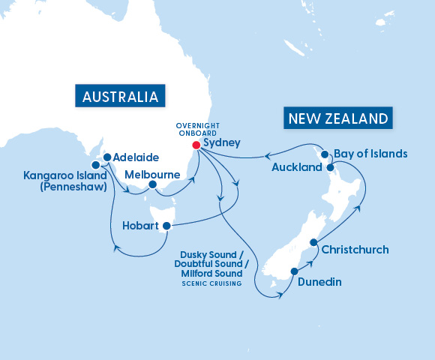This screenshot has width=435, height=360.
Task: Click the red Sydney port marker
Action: pos(196,145)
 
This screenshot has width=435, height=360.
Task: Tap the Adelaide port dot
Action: pos(107,157)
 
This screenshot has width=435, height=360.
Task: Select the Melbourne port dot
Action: pos(152,184)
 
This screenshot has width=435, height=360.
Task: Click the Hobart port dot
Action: pos(166,225)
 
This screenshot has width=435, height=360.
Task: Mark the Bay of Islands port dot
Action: pos(325,154)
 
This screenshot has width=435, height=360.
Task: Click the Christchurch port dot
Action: pos(313,242)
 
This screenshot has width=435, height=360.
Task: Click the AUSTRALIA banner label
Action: pos(121,97)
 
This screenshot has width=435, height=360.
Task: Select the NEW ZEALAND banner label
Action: pos(337,118)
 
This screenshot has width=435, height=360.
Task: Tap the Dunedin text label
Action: pos(322,283)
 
